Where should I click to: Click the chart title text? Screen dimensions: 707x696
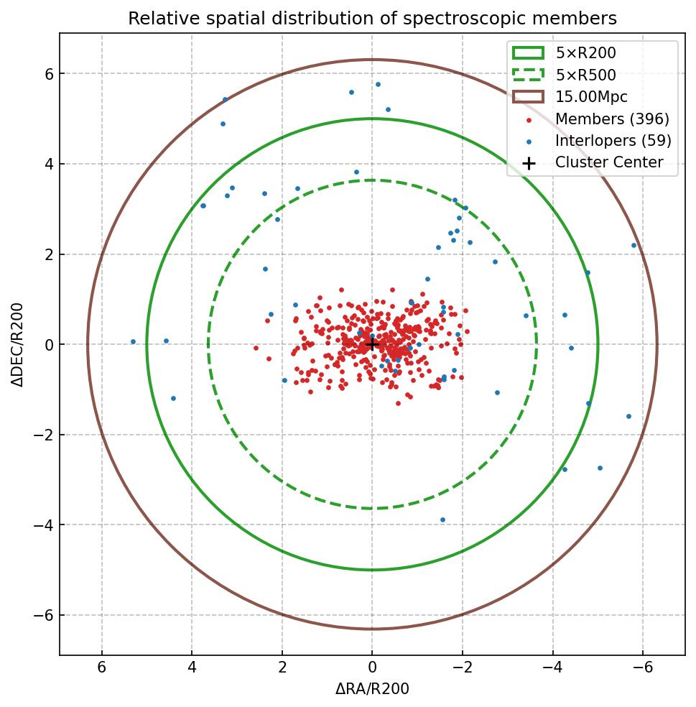coord(372,19)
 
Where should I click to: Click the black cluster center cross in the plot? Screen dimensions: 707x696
coord(372,345)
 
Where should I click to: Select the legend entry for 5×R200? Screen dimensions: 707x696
coord(585,52)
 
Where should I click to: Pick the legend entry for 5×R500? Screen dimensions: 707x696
coord(585,75)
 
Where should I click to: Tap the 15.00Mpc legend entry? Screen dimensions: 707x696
coord(585,96)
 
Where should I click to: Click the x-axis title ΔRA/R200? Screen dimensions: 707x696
coord(372,689)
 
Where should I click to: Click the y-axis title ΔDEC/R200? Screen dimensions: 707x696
coord(19,345)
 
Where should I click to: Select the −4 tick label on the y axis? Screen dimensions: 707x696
coord(40,525)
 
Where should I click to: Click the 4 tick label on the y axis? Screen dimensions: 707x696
coord(47,164)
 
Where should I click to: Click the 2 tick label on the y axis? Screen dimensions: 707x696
coord(47,254)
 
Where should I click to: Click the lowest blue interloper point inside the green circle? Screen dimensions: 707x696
coord(442,519)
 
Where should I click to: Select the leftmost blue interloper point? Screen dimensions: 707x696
coord(133,342)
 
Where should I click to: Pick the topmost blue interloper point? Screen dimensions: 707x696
coord(378,84)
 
